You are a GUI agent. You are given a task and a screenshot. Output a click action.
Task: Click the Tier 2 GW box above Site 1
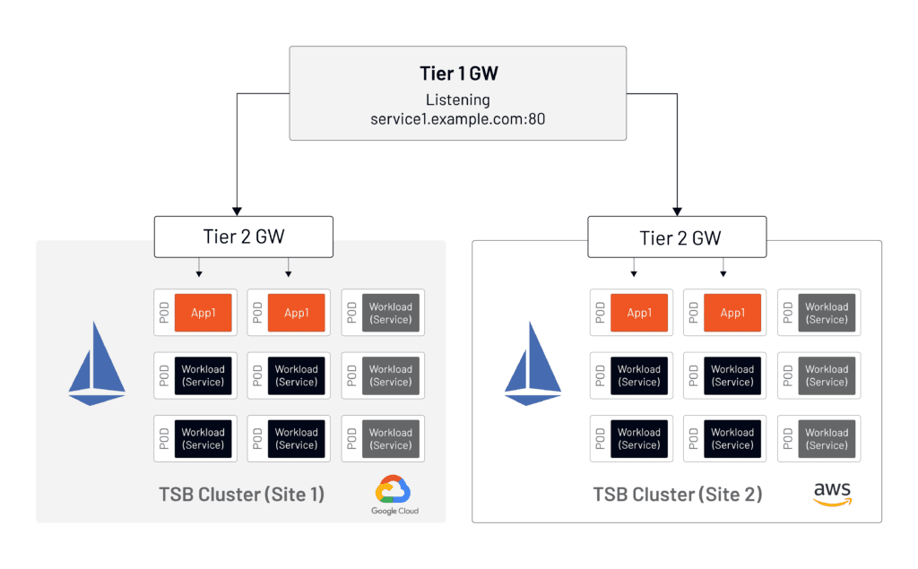(244, 237)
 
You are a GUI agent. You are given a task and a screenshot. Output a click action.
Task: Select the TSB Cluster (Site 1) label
(241, 494)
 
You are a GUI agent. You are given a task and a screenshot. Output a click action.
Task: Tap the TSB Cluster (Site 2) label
(677, 494)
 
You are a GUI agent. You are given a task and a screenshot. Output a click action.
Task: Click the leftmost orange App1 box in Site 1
(204, 313)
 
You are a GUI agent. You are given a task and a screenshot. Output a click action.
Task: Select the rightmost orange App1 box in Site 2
(732, 313)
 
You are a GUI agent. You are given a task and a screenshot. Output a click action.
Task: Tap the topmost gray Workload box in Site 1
(391, 313)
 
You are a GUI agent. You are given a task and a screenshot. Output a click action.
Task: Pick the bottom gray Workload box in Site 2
(827, 438)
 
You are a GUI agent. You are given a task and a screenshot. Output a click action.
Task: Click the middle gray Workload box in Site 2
(827, 375)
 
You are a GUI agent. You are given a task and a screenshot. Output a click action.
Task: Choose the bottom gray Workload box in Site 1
(391, 438)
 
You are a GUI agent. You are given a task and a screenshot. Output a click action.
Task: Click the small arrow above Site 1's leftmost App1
(199, 272)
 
